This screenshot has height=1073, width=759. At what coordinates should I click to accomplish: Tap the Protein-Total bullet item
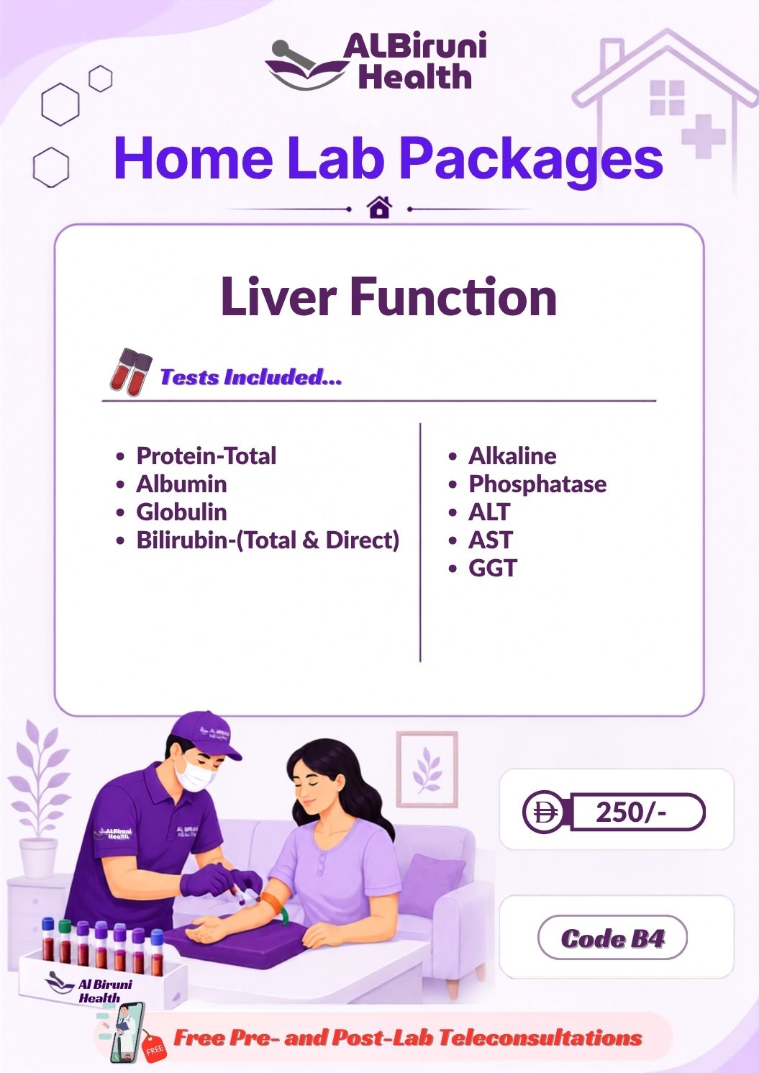click(x=206, y=456)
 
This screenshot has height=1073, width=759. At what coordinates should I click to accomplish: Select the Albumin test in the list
click(x=181, y=484)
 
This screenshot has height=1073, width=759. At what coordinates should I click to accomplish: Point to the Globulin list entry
click(x=181, y=512)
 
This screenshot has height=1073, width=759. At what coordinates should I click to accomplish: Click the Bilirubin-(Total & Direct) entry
click(x=268, y=540)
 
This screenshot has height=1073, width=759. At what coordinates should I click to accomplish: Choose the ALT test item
click(x=489, y=512)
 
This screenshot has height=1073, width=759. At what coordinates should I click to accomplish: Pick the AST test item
click(x=491, y=540)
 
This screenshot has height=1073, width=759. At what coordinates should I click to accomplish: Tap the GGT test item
click(x=492, y=568)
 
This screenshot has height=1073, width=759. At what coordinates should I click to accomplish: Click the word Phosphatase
click(x=537, y=484)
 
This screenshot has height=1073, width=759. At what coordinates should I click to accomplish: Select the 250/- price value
click(x=631, y=812)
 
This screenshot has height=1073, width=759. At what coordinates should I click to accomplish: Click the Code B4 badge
click(x=612, y=938)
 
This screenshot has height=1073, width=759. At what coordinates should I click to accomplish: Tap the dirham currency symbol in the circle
click(x=543, y=812)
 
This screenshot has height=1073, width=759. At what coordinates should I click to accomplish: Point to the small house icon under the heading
click(x=379, y=207)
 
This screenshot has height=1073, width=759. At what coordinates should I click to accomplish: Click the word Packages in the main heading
click(x=531, y=159)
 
